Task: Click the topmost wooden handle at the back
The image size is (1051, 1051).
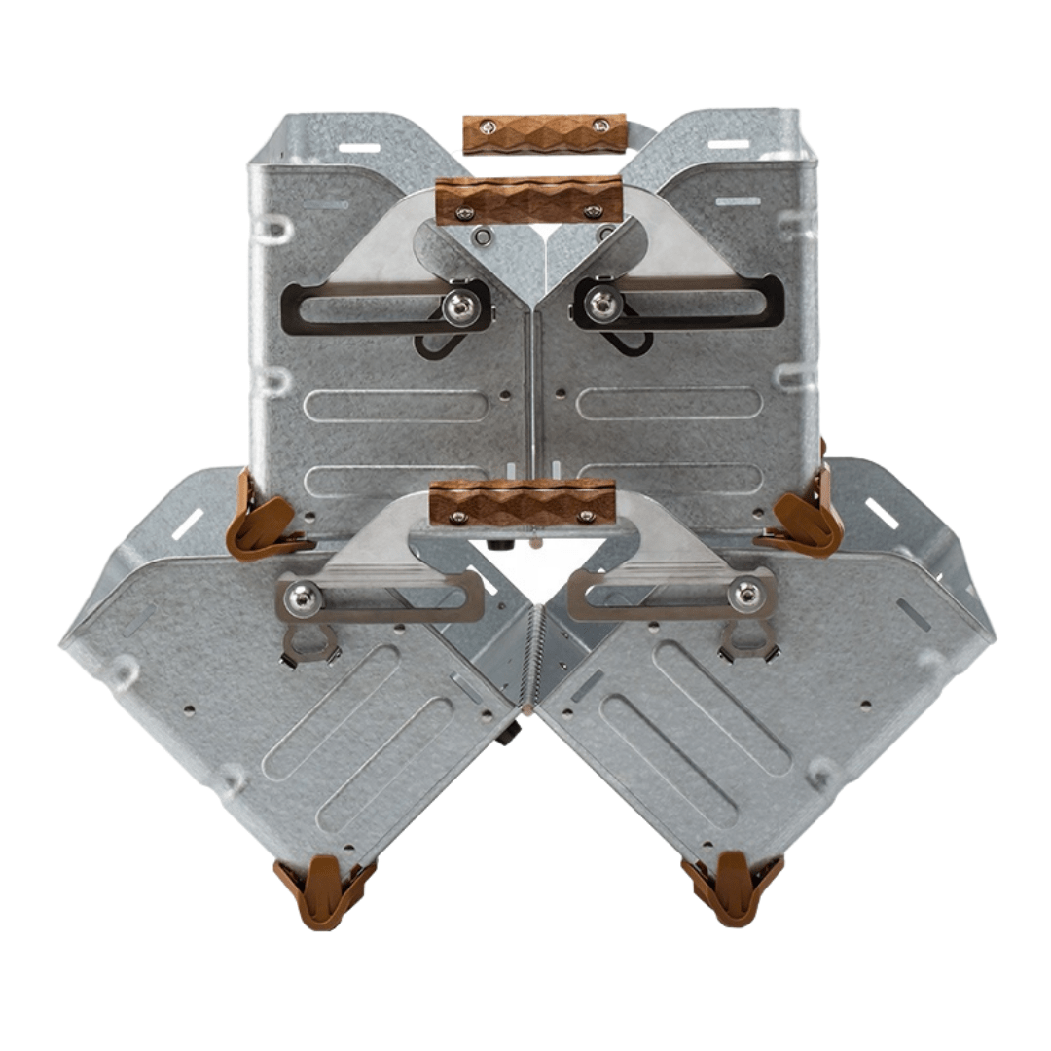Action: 530,133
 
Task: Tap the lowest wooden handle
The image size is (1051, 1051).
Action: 523,502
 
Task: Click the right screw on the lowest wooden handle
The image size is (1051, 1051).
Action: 585,516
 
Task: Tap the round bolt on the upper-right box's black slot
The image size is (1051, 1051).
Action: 601,305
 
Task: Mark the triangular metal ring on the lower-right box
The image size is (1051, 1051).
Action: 747,640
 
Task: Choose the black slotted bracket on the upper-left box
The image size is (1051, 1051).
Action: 370,308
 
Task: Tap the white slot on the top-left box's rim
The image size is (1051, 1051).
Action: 359,148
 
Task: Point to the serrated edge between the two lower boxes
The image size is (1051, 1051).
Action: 529,652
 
